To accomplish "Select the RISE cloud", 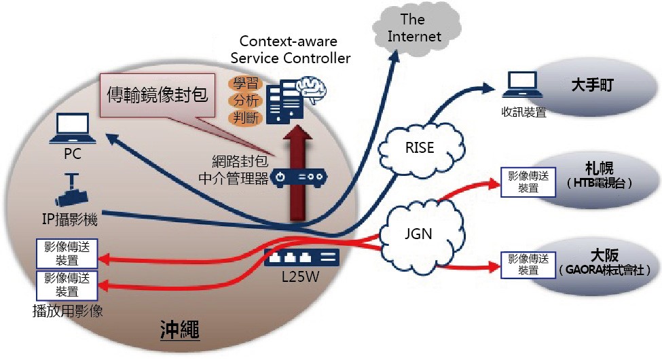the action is (420, 148).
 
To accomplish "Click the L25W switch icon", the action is (301, 257).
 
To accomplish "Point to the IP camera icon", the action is (72, 190).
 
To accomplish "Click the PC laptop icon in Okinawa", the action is (73, 128).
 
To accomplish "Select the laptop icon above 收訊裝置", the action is (523, 84).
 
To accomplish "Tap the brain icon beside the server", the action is (312, 89).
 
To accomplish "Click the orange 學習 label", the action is (246, 84).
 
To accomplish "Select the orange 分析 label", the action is (246, 100).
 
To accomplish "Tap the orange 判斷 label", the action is (246, 117).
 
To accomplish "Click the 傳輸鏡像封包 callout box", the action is (158, 95).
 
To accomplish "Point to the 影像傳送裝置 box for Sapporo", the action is (528, 182).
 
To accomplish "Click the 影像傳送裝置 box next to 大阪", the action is (528, 265).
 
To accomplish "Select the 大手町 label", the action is (592, 85).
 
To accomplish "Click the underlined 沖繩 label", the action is (180, 329).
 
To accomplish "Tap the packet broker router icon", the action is (299, 177).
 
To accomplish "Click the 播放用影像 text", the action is (67, 311).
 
